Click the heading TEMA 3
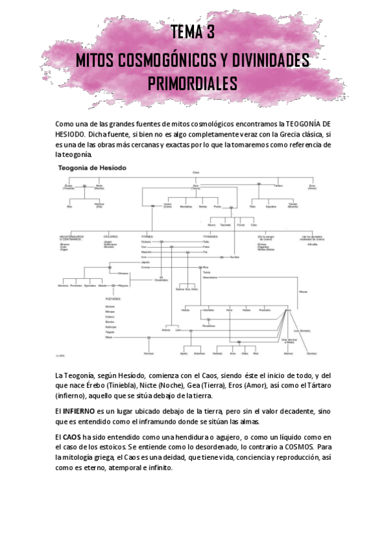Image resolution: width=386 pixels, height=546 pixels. (193, 32)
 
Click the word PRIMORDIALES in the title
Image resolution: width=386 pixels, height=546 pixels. (193, 84)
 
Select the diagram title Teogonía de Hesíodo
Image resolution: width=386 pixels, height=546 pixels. (92, 167)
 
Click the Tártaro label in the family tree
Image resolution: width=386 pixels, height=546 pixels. (278, 185)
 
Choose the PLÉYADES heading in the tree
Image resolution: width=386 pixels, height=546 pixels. (113, 299)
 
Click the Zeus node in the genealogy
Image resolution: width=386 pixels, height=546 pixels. (289, 310)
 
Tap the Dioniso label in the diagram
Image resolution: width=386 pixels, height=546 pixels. (311, 353)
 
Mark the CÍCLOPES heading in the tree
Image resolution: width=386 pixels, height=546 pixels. (110, 236)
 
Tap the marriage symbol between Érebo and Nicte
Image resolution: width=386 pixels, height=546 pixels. (84, 185)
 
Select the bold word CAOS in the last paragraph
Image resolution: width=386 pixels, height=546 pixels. (72, 437)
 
